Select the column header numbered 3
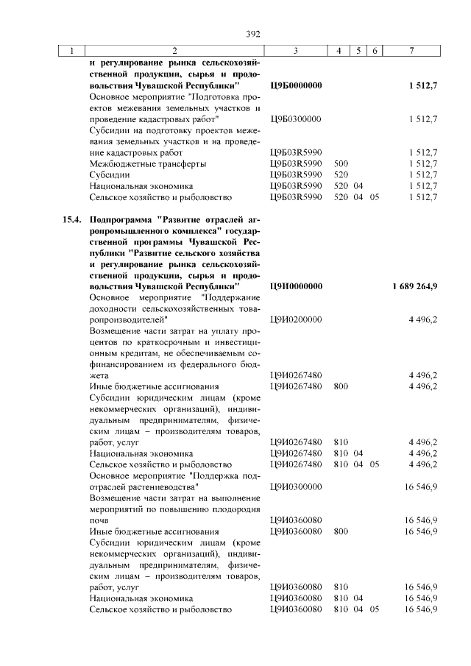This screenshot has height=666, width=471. coord(294,51)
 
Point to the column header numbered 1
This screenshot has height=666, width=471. coord(71,51)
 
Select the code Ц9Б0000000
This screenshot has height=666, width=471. coord(297,86)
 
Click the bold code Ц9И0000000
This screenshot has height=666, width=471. coord(297,285)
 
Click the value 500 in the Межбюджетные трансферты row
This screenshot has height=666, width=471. coord(341,163)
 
